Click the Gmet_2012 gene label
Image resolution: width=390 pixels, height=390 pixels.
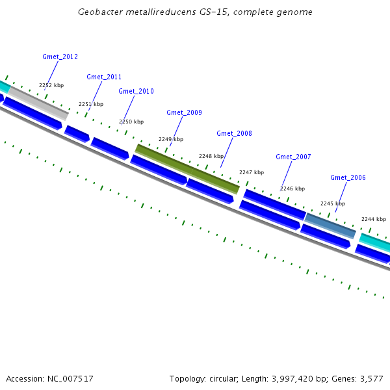pos(60,57)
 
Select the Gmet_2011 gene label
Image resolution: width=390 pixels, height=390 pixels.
pos(104,77)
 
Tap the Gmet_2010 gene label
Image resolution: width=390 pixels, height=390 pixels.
pos(136,91)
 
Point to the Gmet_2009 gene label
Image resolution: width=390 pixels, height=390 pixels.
pos(184,112)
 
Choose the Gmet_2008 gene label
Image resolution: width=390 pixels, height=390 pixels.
pos(234,133)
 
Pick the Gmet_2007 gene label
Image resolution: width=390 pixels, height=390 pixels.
pos(293,157)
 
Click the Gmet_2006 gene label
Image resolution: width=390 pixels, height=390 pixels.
pos(348,177)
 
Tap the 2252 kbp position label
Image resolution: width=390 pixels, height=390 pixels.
pos(51,85)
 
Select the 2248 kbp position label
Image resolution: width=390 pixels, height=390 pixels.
pos(211,156)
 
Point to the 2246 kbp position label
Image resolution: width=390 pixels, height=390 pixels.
pos(292,188)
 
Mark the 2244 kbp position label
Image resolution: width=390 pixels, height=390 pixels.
pos(374,219)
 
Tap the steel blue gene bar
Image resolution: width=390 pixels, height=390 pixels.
pos(330,225)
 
